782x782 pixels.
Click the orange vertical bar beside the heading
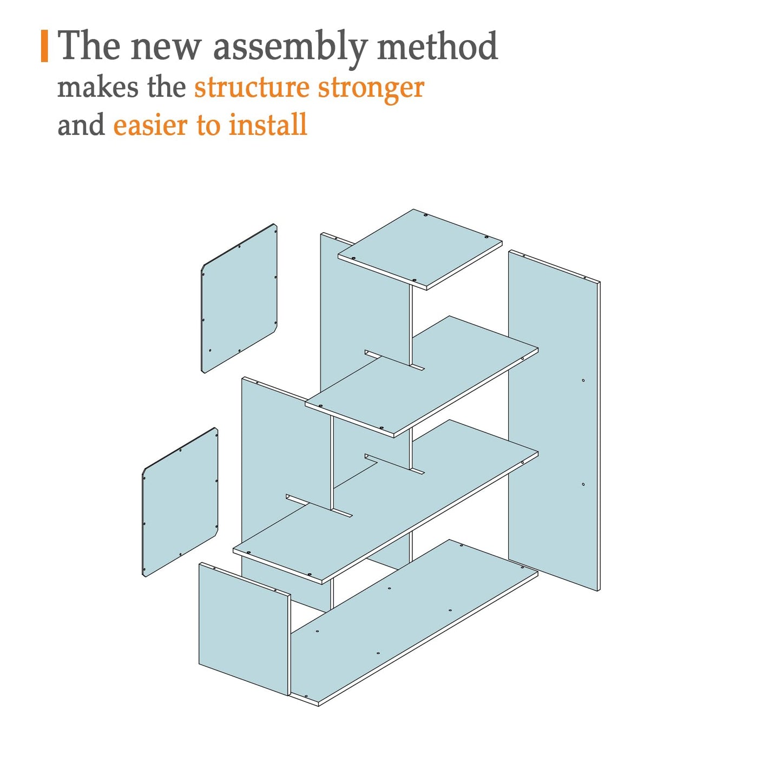coord(44,46)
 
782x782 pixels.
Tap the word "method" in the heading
coord(437,45)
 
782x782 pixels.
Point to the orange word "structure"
coord(252,88)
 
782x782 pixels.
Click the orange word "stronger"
coord(371,90)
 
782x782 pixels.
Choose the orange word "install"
coord(268,124)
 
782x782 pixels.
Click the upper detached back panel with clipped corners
coord(239,298)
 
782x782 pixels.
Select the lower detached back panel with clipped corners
coord(180,502)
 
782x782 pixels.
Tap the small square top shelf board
coord(420,249)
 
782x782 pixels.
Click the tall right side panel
coord(554,420)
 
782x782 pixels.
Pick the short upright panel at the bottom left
coord(244,629)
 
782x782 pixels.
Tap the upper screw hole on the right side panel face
coord(583,380)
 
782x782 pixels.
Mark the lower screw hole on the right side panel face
coord(583,484)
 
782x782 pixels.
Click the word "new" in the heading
coord(166,49)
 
